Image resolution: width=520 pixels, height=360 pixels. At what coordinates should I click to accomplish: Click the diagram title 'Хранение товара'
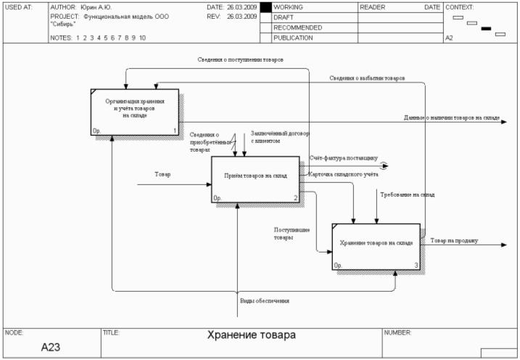pos(251,335)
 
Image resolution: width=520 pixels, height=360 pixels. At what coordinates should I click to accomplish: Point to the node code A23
pos(50,347)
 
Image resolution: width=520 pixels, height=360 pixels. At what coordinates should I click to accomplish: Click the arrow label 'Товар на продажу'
pos(454,240)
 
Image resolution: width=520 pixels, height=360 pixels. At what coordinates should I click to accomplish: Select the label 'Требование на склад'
pos(407,195)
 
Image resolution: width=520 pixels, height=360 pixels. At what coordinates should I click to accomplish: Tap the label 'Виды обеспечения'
pos(265,300)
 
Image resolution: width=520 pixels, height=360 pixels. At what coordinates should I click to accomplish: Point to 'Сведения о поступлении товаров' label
pos(241,59)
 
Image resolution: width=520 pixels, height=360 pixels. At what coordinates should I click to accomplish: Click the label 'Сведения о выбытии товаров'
pos(366,77)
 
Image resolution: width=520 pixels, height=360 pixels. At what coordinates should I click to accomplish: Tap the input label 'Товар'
pos(162,174)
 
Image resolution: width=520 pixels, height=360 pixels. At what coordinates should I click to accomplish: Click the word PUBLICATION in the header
pos(293,38)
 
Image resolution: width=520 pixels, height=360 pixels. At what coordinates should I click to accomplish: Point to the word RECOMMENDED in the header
pos(297,28)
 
